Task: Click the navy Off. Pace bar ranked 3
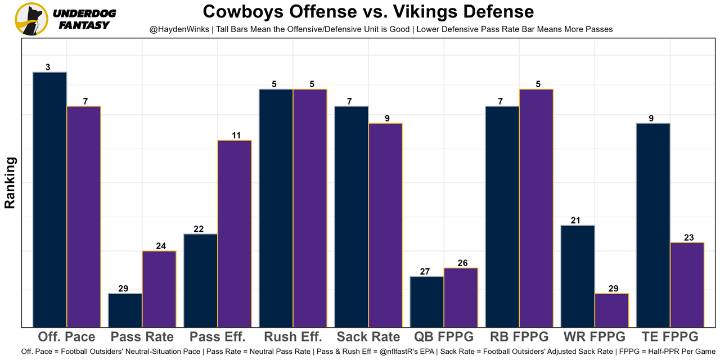pos(50,199)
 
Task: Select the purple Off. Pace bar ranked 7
pos(84,216)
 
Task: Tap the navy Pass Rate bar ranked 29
pos(125,310)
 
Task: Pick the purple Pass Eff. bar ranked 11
pos(235,233)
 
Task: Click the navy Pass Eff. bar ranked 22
pos(201,280)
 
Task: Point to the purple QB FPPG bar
pos(461,297)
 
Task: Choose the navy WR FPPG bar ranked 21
pos(578,276)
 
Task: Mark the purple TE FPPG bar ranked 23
pos(687,284)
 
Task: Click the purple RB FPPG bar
pos(536,208)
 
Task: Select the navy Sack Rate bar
pos(352,216)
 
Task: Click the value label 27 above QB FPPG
pos(425,272)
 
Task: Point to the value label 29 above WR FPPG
pos(613,289)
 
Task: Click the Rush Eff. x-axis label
pos(292,337)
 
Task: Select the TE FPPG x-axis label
pos(669,337)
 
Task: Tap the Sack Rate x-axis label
pos(368,337)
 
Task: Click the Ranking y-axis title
pos(10,183)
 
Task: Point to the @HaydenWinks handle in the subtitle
pos(179,29)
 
